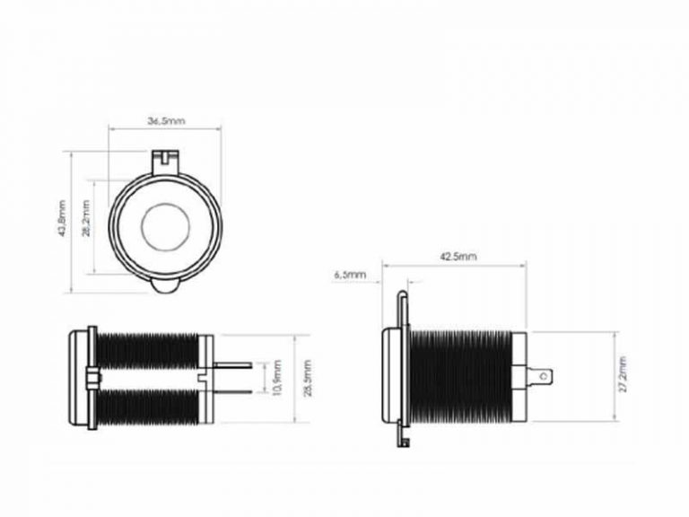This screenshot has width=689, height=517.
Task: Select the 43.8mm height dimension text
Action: tap(60, 220)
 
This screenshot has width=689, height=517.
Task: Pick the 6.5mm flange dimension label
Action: tap(350, 274)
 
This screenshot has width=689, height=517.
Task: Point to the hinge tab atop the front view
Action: tap(165, 160)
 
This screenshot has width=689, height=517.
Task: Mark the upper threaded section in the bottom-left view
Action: tap(148, 350)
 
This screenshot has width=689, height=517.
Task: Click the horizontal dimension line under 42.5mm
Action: tap(454, 266)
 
